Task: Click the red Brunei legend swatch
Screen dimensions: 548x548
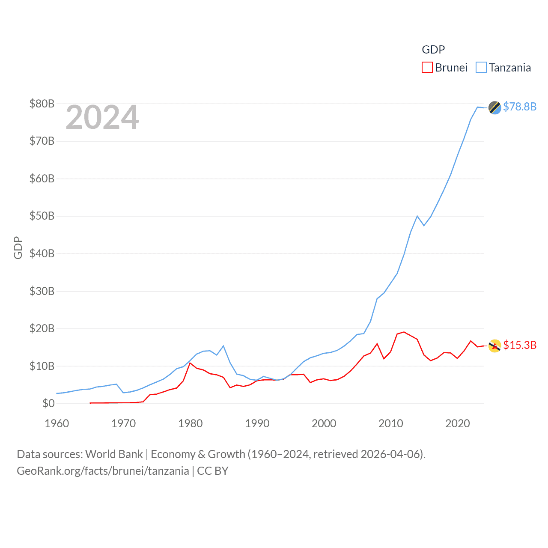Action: pyautogui.click(x=427, y=68)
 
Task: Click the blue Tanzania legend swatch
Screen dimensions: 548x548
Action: pyautogui.click(x=481, y=68)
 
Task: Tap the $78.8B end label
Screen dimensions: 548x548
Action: pyautogui.click(x=519, y=107)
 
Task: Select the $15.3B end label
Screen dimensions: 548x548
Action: pyautogui.click(x=519, y=345)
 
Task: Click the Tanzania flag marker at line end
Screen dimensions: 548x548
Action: pyautogui.click(x=494, y=107)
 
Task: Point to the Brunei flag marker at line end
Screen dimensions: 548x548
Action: pyautogui.click(x=494, y=346)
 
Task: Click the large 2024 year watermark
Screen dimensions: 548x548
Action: pyautogui.click(x=102, y=117)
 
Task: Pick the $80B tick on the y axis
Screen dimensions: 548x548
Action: pyautogui.click(x=42, y=104)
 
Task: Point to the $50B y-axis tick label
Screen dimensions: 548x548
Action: pyautogui.click(x=42, y=216)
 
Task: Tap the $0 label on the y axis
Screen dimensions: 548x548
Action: pyautogui.click(x=48, y=403)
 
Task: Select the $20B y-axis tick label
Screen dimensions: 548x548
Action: pyautogui.click(x=42, y=328)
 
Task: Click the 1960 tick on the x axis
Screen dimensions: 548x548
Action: pyautogui.click(x=57, y=423)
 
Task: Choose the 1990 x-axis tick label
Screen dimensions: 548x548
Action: pyautogui.click(x=257, y=423)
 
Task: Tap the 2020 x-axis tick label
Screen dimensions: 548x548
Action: pyautogui.click(x=458, y=423)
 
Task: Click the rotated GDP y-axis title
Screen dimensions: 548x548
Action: pyautogui.click(x=18, y=247)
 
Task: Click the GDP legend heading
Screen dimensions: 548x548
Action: pyautogui.click(x=433, y=50)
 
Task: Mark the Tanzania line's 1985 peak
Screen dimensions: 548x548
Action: pyautogui.click(x=223, y=346)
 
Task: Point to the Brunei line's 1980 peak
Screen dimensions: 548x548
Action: pyautogui.click(x=190, y=363)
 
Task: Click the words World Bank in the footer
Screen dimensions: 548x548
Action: pyautogui.click(x=114, y=454)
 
